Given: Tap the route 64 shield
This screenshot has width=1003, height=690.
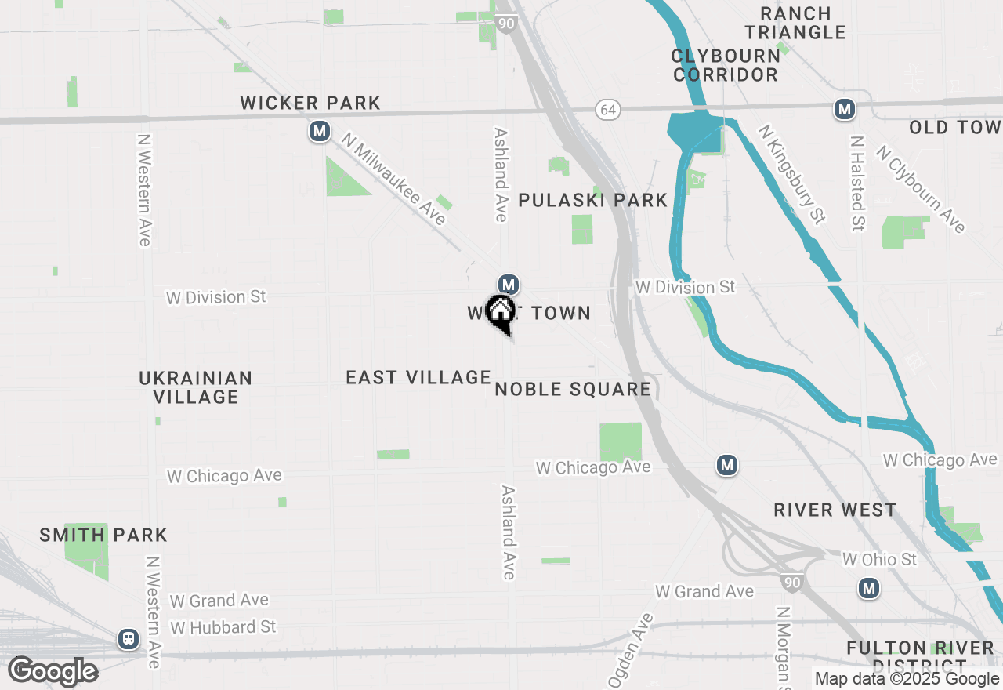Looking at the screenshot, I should pos(608,110).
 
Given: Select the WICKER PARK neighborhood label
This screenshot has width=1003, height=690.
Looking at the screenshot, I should pos(310,103).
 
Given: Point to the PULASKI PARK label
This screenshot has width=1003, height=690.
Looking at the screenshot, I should pos(593,201).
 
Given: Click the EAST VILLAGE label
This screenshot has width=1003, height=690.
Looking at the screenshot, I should pos(418,378).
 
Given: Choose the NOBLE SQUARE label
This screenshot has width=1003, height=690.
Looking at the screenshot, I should pos(573,390).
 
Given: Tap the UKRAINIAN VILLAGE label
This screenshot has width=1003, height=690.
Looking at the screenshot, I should pos(196,387).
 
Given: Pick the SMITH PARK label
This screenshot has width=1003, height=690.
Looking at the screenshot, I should pos(103,536).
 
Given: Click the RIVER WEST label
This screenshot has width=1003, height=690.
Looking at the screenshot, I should pos(835,510).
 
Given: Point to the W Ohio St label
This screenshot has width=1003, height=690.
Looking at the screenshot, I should pos(879,560).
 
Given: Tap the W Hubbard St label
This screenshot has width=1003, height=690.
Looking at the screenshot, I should pos(223,627).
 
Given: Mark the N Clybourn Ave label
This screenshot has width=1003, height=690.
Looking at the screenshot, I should pos(920,189).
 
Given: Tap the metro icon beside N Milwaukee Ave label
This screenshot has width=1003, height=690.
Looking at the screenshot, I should pos(319,131).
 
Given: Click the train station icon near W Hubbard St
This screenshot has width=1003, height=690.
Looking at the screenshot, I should pos(128,639).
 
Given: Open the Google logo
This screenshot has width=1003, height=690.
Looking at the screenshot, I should pos(53,672).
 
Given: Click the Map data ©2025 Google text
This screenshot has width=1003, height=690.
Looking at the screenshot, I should pos(907,679).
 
